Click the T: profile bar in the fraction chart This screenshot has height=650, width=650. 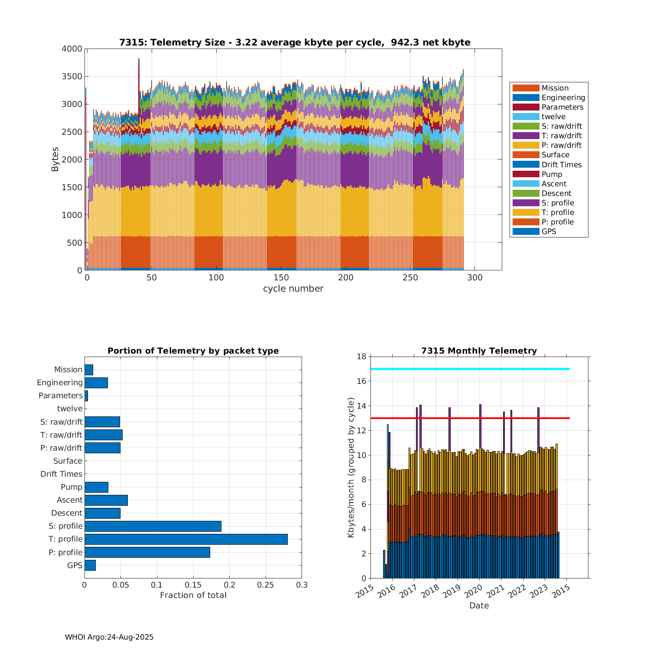coord(186,539)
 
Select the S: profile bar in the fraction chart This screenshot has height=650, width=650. coord(153,526)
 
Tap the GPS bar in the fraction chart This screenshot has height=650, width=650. coord(90,565)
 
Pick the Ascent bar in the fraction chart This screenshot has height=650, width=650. coord(106,500)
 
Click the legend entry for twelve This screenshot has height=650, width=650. coord(553,117)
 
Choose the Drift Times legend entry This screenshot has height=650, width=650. coord(561,165)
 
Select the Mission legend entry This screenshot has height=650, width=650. coord(555,88)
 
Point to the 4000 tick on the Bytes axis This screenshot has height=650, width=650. coord(72,49)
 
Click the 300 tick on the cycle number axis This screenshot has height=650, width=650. coord(475,278)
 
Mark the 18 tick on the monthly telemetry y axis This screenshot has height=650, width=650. coord(361,357)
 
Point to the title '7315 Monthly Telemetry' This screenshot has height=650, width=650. coord(479,351)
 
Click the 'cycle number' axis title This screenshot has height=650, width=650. coord(293,289)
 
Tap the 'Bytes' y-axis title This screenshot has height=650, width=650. coord(55,159)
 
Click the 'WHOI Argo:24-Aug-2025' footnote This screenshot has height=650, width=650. coord(109,637)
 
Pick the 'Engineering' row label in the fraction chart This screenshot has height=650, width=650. coord(60,383)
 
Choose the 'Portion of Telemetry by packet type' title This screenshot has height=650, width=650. coord(193,351)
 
